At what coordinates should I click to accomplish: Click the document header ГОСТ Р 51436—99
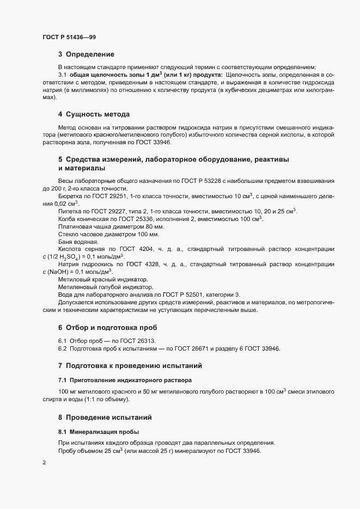tap(69, 36)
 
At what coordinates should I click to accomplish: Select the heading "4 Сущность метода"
tap(94, 114)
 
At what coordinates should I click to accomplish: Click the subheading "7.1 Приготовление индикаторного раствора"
tap(125, 379)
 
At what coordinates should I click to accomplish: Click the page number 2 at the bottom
tap(44, 463)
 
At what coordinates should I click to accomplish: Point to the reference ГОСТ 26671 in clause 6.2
tap(191, 348)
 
